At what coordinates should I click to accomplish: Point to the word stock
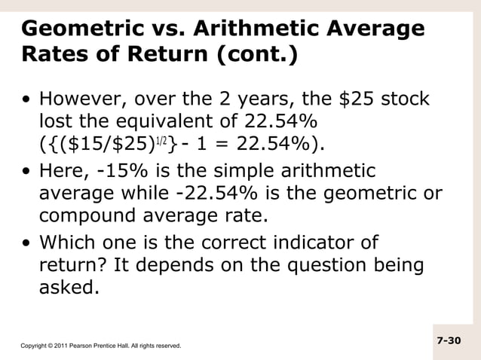click(x=404, y=100)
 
